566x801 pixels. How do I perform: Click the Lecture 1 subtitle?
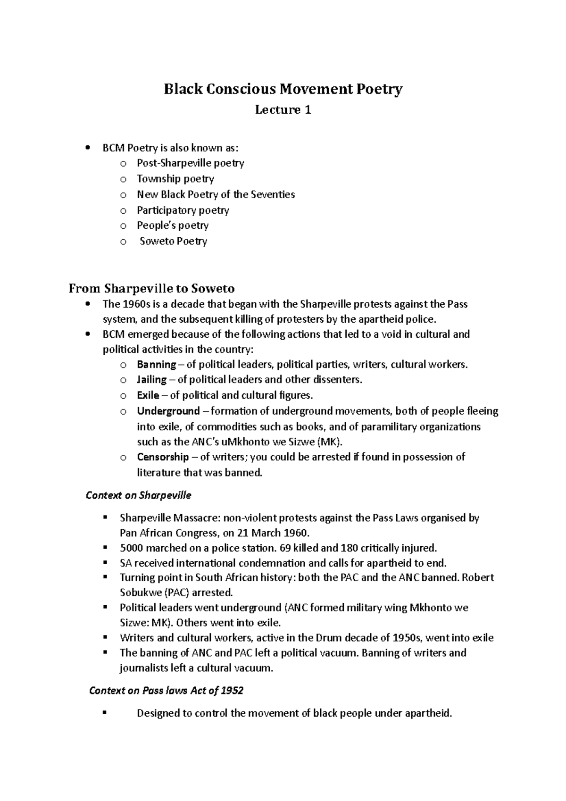coord(283,110)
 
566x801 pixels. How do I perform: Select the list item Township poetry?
coord(175,179)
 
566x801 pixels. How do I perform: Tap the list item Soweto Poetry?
coord(173,241)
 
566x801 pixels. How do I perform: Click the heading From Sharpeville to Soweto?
coord(152,288)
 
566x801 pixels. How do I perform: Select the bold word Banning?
coord(156,364)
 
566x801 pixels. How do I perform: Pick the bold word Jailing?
coord(151,379)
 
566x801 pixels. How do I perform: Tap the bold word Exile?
coord(148,395)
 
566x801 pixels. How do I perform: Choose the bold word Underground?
coord(168,411)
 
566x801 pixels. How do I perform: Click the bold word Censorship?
coord(163,457)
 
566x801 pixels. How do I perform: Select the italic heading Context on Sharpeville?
coord(138,495)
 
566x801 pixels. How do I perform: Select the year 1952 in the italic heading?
coord(232,691)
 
